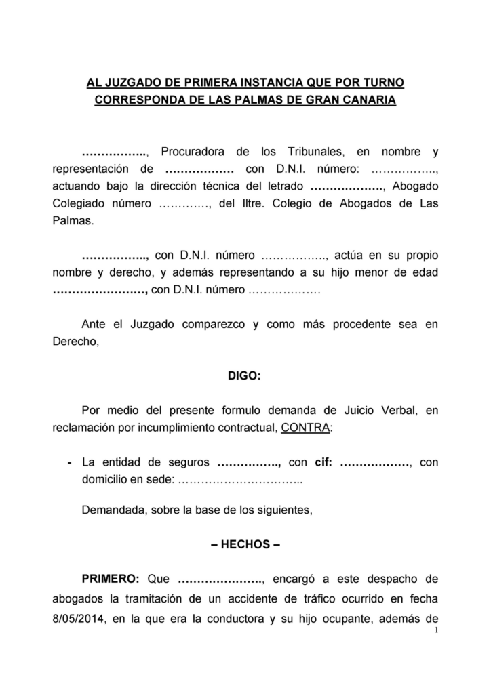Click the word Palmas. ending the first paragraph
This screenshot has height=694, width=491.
(x=70, y=222)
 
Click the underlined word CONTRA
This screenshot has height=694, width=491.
(x=306, y=429)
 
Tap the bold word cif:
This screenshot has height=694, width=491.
(x=324, y=464)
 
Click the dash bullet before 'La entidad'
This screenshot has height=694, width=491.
(x=71, y=464)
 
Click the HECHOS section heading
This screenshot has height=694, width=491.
(x=245, y=544)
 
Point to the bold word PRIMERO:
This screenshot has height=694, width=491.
(x=110, y=579)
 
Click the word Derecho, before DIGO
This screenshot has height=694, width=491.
(x=76, y=342)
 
